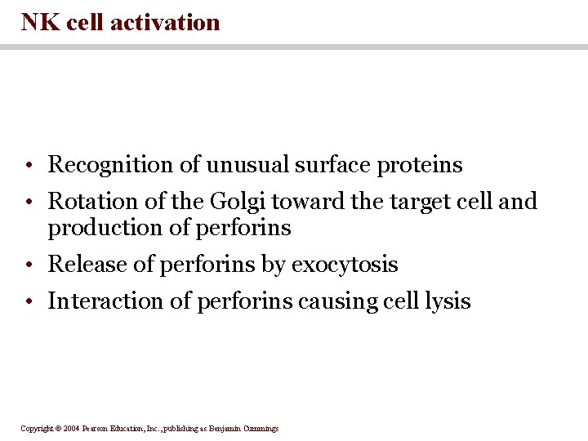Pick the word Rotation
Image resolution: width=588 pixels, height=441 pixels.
(x=86, y=201)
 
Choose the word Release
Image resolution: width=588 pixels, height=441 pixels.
(x=82, y=265)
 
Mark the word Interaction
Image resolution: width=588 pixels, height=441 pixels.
(x=96, y=301)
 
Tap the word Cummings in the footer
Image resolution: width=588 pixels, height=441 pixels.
(x=261, y=429)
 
